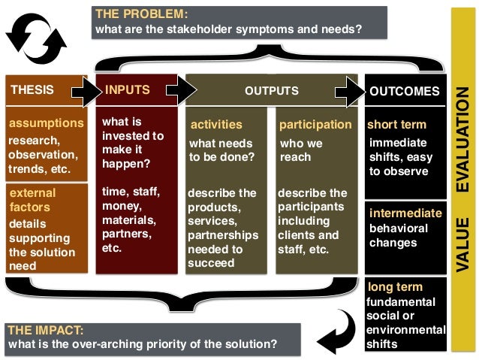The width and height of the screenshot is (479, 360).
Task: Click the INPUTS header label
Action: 128,90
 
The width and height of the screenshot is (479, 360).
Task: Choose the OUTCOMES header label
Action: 405,92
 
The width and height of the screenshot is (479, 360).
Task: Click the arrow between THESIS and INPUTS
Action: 85,91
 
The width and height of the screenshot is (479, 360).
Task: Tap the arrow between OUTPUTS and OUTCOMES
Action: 348,91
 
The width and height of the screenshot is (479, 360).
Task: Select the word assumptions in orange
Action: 46,123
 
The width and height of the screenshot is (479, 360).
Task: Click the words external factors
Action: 34,199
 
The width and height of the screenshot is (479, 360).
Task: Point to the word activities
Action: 217,125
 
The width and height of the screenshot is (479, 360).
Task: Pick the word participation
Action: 315,125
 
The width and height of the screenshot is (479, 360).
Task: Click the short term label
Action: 396,125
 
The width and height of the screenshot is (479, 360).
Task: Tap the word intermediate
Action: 405,213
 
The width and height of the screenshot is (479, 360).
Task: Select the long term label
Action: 395,287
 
